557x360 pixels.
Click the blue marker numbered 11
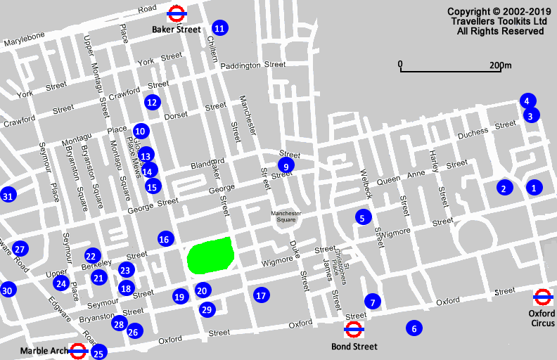(x=220, y=28)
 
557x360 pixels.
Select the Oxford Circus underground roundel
(x=542, y=297)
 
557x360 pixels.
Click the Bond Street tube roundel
(x=353, y=330)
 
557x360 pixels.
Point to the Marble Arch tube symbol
(x=78, y=351)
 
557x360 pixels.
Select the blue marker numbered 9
(x=286, y=165)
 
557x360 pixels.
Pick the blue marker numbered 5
(x=362, y=217)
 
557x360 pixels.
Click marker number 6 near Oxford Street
(x=414, y=328)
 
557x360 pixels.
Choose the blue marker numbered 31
(x=8, y=195)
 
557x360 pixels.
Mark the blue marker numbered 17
(x=261, y=295)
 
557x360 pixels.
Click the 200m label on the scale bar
(x=501, y=65)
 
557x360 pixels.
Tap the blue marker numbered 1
(x=534, y=187)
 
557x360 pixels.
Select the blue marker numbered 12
(x=152, y=102)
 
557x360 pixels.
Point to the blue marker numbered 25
(x=98, y=353)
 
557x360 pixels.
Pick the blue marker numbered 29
(x=206, y=309)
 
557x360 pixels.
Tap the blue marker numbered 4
(x=527, y=101)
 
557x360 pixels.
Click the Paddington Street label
(x=252, y=65)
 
